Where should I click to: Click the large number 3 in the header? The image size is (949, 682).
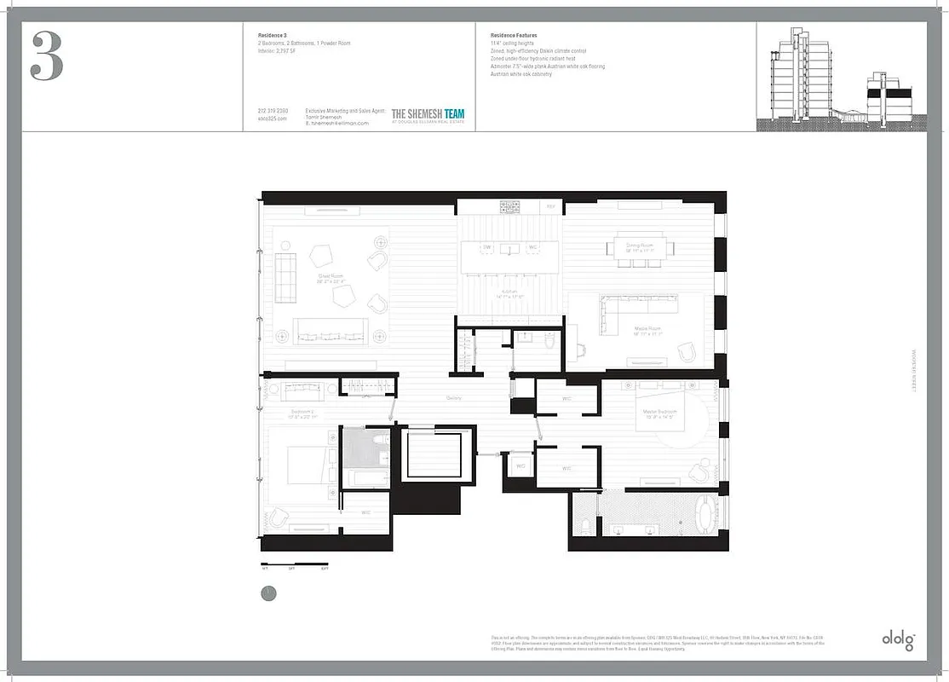click(x=47, y=56)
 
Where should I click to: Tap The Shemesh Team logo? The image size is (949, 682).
click(x=428, y=115)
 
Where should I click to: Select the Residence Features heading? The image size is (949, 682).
click(x=514, y=36)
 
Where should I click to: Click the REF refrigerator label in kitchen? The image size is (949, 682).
click(x=550, y=206)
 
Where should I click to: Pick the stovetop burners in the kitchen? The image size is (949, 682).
click(x=509, y=205)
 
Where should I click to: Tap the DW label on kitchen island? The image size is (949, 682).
click(x=487, y=247)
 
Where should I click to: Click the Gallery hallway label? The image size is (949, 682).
click(x=455, y=398)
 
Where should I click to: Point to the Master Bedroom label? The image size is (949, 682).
click(x=659, y=415)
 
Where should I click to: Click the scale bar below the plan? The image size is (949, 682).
click(x=294, y=564)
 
